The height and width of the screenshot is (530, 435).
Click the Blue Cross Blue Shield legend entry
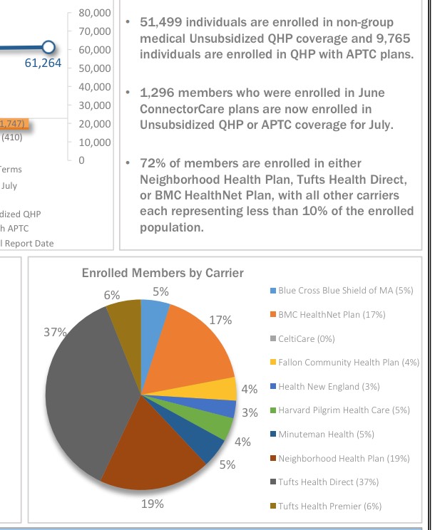(345, 291)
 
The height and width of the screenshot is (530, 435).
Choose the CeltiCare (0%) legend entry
(307, 338)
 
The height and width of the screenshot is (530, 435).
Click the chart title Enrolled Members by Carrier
(163, 273)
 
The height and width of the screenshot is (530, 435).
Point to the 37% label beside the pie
(55, 333)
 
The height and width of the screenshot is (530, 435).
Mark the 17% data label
(221, 320)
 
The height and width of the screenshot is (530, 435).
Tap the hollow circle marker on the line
(47, 48)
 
